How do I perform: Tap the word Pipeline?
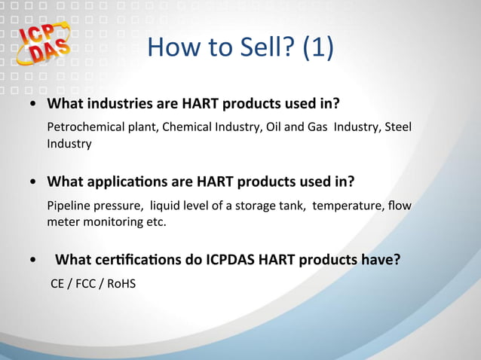[x=67, y=206]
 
